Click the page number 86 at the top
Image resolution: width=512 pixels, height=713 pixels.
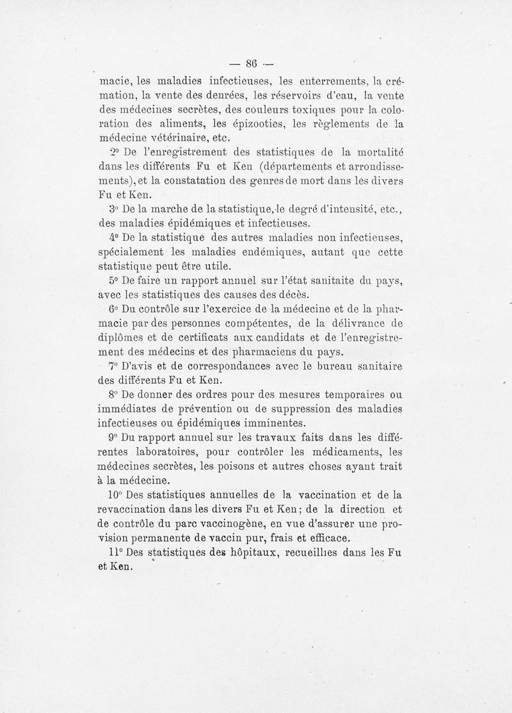(248, 63)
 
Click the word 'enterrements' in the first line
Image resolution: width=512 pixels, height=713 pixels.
(324, 81)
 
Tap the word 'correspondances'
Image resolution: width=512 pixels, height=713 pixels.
(212, 367)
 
